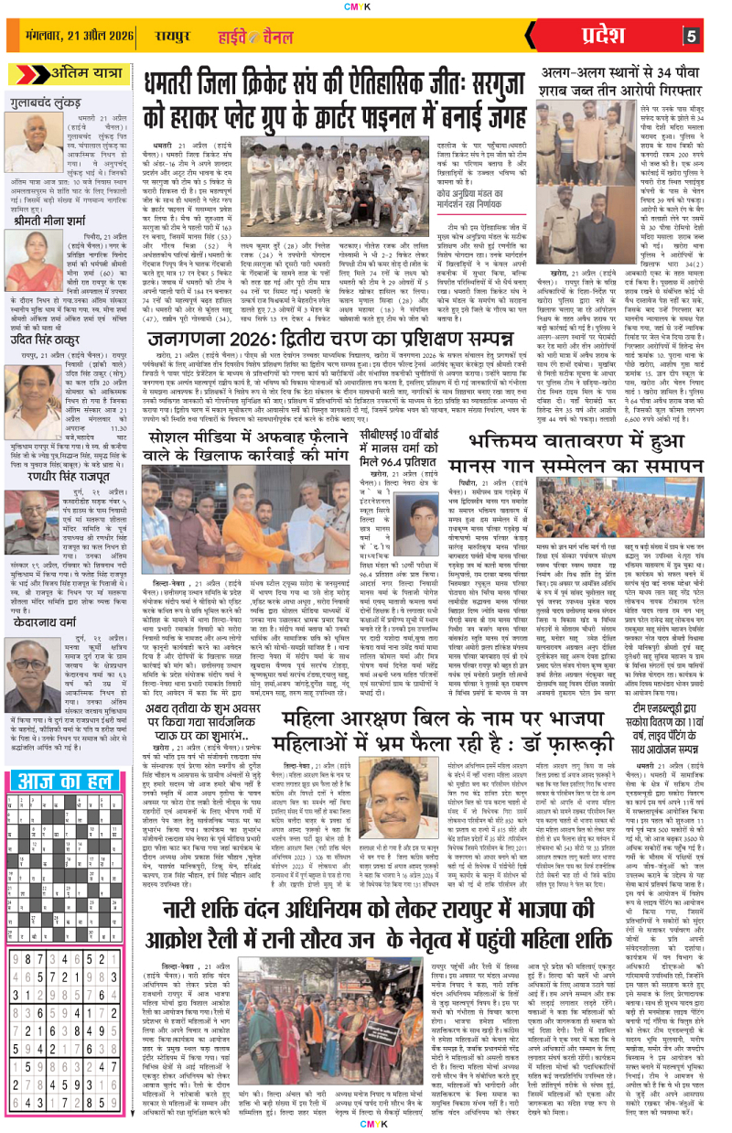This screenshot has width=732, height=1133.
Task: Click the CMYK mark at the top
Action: click(365, 6)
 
